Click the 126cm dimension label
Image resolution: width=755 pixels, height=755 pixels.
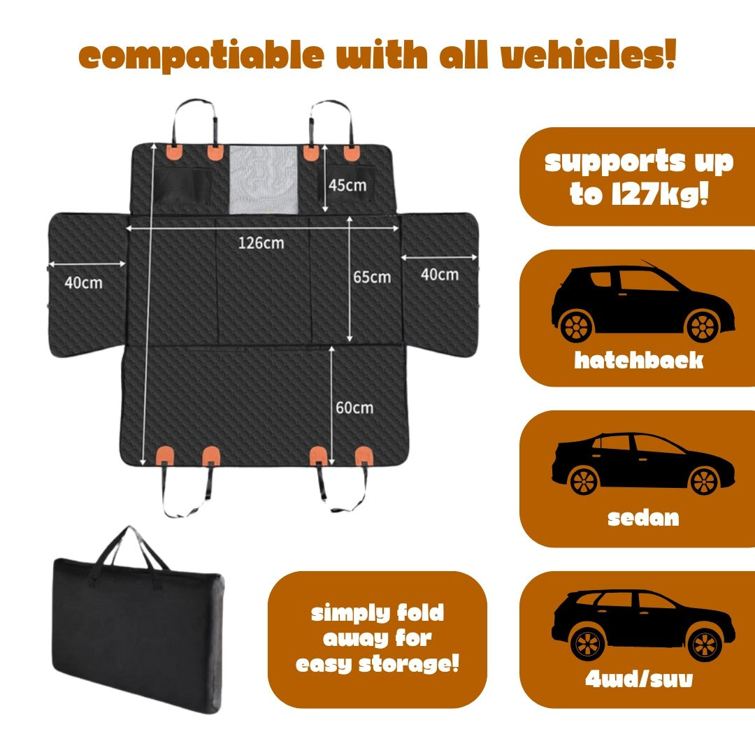pos(261,243)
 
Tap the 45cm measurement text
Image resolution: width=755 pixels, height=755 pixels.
pos(347,185)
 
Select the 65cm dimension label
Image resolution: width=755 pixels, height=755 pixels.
pos(371,277)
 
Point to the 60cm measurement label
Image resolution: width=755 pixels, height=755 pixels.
pos(354,408)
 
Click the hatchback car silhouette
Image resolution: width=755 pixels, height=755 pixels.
pos(642,303)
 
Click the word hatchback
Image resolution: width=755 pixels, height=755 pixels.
pos(638,360)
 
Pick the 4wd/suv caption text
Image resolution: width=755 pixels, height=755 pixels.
pos(638,679)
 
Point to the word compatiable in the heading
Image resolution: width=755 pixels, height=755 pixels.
pos(203,57)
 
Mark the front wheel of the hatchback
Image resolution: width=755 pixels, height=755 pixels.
pos(703,325)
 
